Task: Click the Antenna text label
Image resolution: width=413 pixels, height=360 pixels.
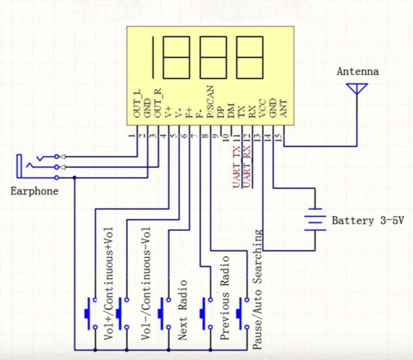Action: (x=358, y=72)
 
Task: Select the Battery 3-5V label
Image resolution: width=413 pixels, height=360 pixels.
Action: (x=368, y=221)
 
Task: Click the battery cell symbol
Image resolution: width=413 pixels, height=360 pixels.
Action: (x=315, y=219)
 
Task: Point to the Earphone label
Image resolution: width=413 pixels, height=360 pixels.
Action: (x=34, y=191)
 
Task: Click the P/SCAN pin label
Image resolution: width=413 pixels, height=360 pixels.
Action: (x=211, y=102)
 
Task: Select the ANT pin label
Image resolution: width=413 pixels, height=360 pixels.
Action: (x=283, y=108)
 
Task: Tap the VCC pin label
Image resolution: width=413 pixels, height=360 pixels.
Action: (x=262, y=108)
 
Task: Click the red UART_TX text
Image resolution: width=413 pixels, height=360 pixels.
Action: (x=237, y=167)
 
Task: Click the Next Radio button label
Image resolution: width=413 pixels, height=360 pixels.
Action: (x=182, y=310)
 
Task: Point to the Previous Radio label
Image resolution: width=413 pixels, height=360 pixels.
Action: (x=224, y=298)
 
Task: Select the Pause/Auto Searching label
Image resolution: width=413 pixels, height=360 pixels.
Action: (x=257, y=289)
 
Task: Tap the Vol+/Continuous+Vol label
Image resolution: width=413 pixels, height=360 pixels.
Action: (x=109, y=284)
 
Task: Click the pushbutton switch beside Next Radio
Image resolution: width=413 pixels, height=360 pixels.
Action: (x=164, y=314)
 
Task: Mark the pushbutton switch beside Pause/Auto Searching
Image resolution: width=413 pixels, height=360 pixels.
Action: (x=242, y=314)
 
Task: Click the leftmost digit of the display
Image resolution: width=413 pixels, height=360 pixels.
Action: (x=153, y=57)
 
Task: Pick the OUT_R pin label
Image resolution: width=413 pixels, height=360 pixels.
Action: (x=158, y=103)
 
